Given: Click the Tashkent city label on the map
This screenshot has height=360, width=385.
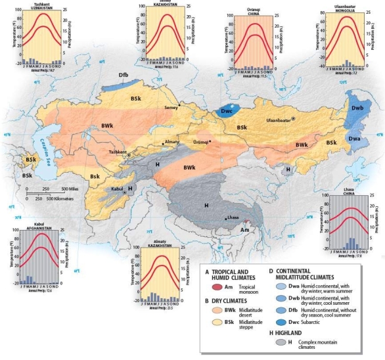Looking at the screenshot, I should click(118, 151).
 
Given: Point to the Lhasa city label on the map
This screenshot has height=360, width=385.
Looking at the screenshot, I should click(233, 218).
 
